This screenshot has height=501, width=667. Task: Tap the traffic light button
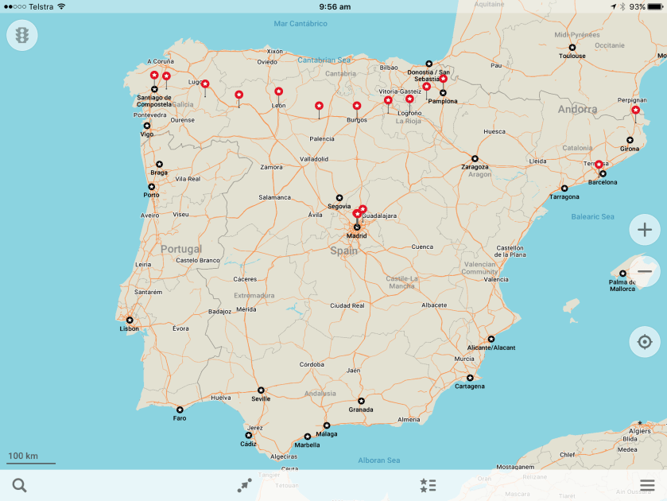point(22,36)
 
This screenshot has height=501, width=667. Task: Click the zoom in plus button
point(644,231)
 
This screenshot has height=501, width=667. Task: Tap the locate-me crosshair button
point(644,342)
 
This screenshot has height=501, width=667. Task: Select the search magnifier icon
point(20,485)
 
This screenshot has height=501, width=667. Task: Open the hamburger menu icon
point(647,485)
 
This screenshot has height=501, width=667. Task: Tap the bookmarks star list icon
point(428,485)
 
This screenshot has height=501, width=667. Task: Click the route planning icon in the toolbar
point(245,485)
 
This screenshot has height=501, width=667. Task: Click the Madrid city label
point(356,235)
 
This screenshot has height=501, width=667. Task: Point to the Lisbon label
point(130,328)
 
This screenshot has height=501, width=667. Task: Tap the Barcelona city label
point(603,182)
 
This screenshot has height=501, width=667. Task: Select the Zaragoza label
point(475,167)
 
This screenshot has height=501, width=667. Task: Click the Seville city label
point(261,398)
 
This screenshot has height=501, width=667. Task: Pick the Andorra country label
point(577,110)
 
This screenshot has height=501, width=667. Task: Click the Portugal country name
point(181,249)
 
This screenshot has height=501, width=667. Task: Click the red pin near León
point(279,91)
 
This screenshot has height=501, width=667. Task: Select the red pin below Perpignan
point(635,111)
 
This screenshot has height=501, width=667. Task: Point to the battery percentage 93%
point(637,6)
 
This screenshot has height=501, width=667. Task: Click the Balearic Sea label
point(592,216)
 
